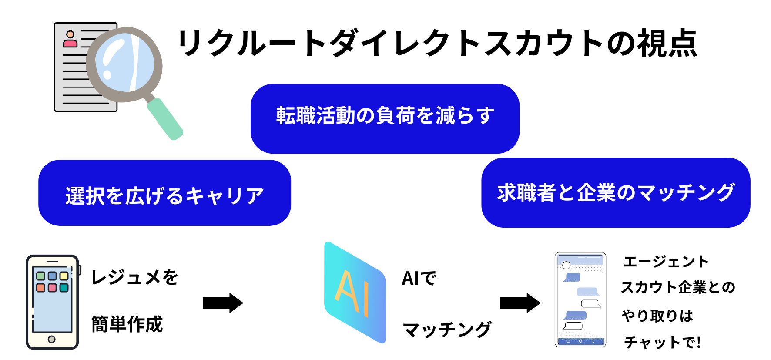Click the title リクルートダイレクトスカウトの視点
pyautogui.click(x=437, y=43)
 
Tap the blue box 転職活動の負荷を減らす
pyautogui.click(x=385, y=118)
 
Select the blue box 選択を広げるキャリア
pyautogui.click(x=164, y=193)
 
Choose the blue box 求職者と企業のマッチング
pyautogui.click(x=616, y=192)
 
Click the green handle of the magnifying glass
pyautogui.click(x=165, y=119)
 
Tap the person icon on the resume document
pyautogui.click(x=70, y=39)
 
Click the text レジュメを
pyautogui.click(x=135, y=277)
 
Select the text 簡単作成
pyautogui.click(x=127, y=324)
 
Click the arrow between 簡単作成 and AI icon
pyautogui.click(x=223, y=303)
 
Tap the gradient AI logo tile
pyautogui.click(x=355, y=293)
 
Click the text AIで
pyautogui.click(x=419, y=278)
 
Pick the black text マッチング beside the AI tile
pyautogui.click(x=447, y=330)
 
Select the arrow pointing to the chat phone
pyautogui.click(x=520, y=303)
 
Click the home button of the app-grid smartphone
pyautogui.click(x=52, y=339)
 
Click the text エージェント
pyautogui.click(x=666, y=262)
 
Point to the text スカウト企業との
pyautogui.click(x=678, y=287)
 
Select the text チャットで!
pyautogui.click(x=662, y=343)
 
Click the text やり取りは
pyautogui.click(x=657, y=316)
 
